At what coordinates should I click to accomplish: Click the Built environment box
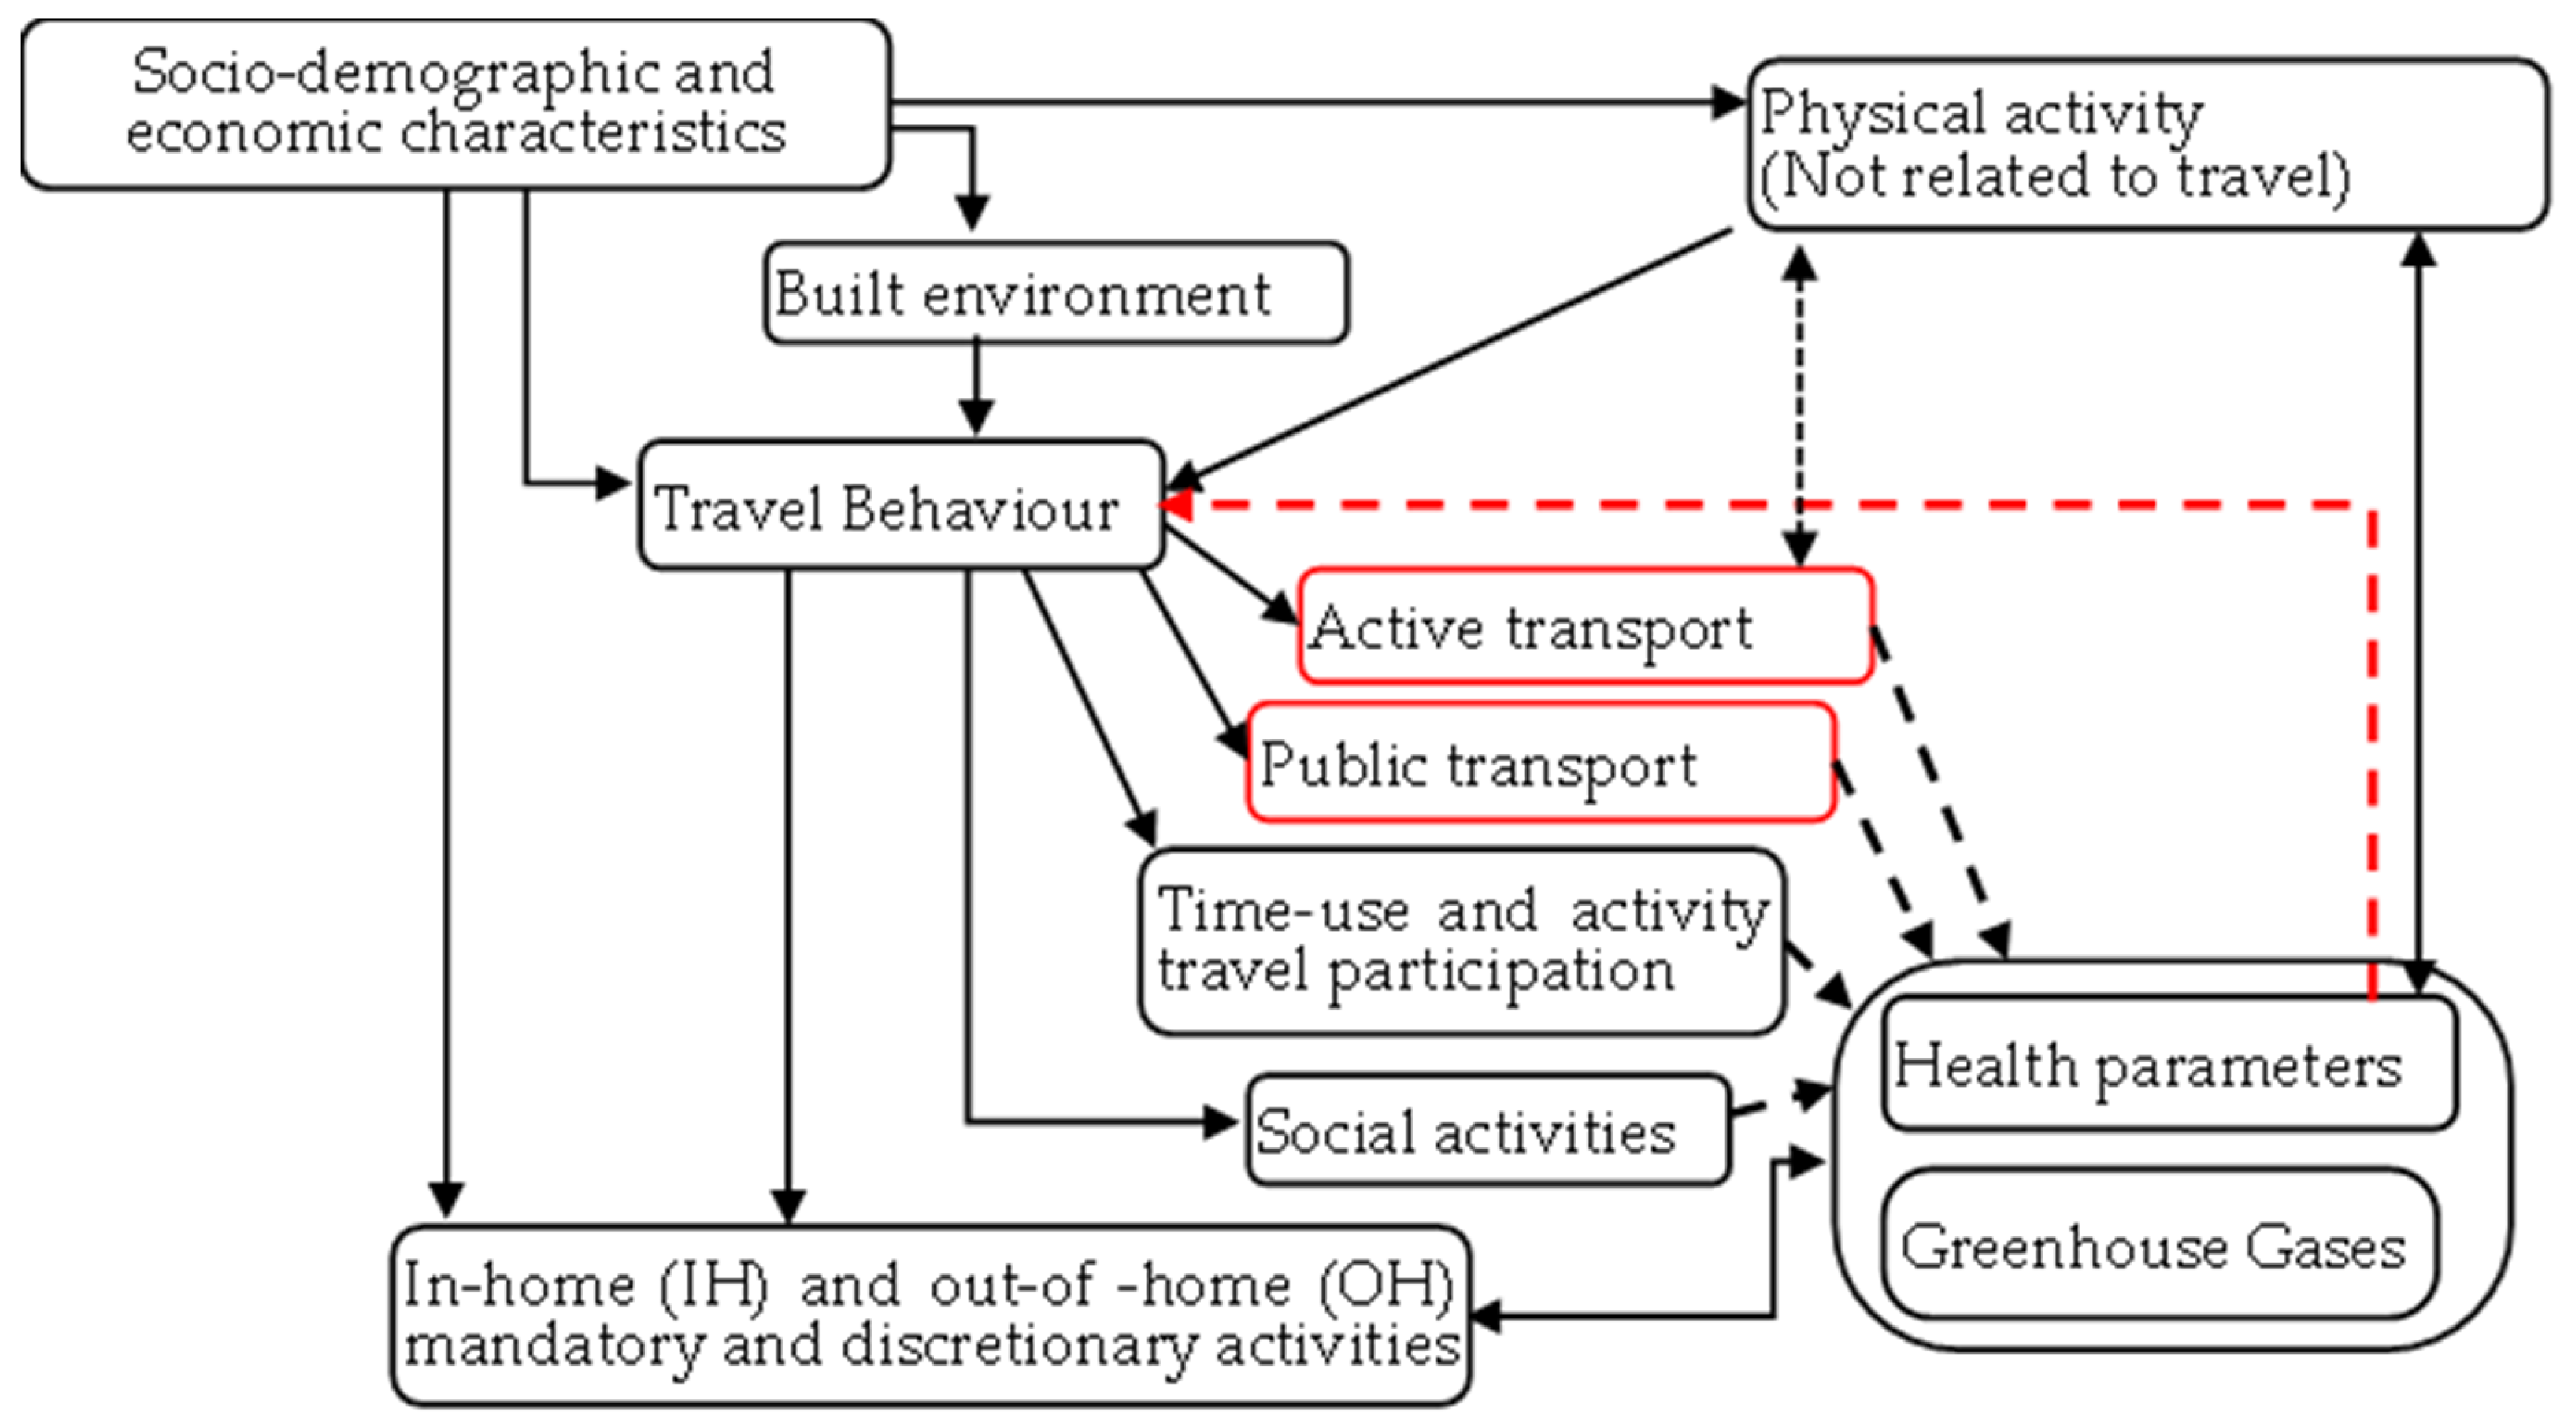click(1055, 294)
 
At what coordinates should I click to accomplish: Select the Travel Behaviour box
click(901, 506)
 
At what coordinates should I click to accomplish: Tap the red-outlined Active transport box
click(1584, 627)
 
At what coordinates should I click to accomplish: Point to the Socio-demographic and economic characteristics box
click(455, 103)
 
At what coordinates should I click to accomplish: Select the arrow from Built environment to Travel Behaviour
click(976, 388)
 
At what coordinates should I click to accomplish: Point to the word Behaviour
click(980, 509)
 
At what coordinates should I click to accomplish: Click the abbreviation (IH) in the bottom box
click(713, 1284)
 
